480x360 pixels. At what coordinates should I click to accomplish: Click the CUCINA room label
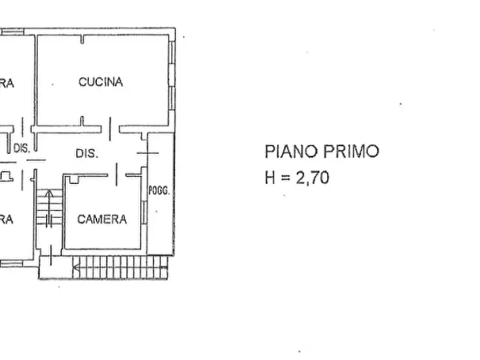[x=101, y=82]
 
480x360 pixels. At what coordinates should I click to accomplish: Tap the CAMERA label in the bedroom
[x=102, y=219]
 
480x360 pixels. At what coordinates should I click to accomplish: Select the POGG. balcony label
[x=159, y=191]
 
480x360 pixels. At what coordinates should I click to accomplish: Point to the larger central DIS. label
[x=87, y=153]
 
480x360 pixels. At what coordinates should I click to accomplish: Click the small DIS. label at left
[x=22, y=149]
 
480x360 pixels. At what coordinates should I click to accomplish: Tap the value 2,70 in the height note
[x=313, y=177]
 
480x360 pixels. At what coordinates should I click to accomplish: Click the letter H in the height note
[x=270, y=177]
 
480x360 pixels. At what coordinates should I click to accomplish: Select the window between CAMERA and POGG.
[x=144, y=212]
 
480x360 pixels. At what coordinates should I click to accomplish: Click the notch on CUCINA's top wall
[x=82, y=39]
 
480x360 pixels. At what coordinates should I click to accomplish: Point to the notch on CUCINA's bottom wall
[x=82, y=120]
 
